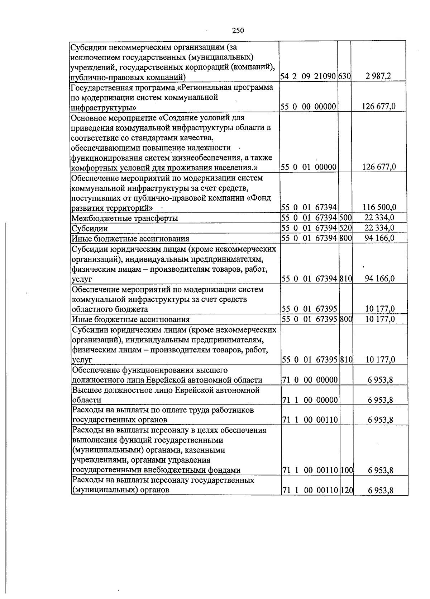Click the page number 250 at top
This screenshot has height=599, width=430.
(238, 31)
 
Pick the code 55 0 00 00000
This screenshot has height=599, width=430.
(308, 107)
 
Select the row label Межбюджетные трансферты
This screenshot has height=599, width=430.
(125, 218)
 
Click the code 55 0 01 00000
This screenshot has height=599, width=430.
(308, 167)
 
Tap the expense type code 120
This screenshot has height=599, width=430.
(347, 490)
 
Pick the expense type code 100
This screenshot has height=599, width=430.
(347, 470)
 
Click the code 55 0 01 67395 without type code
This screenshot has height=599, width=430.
(309, 309)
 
